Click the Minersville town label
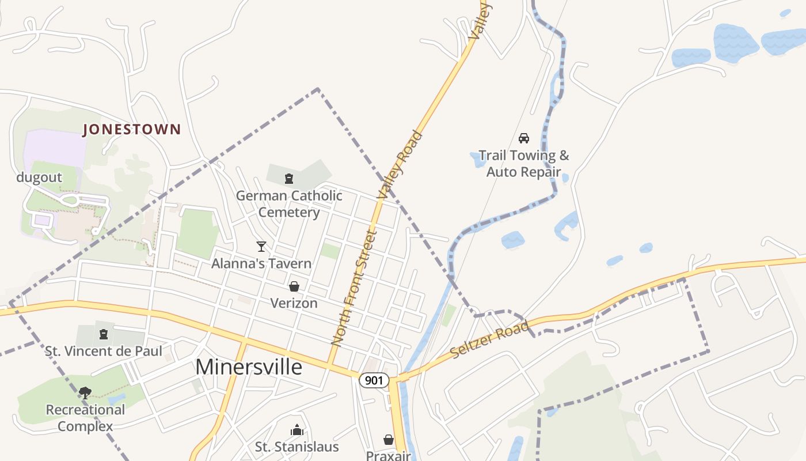(249, 366)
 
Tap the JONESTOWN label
(132, 130)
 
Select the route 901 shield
(374, 380)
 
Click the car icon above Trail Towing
(523, 138)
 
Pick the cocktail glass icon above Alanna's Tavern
(261, 247)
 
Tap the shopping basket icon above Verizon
(294, 286)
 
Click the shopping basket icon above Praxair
(389, 440)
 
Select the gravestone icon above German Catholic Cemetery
(289, 179)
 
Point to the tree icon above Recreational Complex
(85, 393)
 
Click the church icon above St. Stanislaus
(296, 430)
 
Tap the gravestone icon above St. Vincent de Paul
(104, 334)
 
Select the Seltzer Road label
(490, 340)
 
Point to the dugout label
(39, 177)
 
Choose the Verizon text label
(294, 303)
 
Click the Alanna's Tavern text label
(261, 264)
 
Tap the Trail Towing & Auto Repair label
(523, 164)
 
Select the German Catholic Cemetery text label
(289, 204)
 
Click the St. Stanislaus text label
(296, 447)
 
